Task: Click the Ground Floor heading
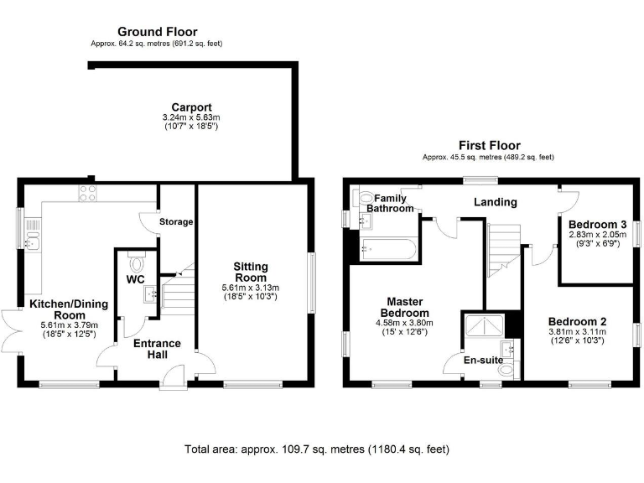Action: click(158, 32)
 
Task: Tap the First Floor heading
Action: click(489, 145)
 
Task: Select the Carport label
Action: click(191, 107)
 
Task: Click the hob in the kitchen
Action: click(88, 194)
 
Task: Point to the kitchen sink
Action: click(33, 234)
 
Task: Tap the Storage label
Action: click(176, 221)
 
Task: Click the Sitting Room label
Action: click(251, 272)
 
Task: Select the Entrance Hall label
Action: click(158, 349)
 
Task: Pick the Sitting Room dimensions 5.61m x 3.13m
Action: click(251, 288)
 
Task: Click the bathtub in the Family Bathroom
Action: click(388, 249)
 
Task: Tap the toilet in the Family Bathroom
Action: click(362, 200)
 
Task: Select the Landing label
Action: click(496, 202)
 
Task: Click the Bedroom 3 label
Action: click(598, 225)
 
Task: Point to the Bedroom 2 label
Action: click(577, 322)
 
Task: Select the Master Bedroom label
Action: click(404, 307)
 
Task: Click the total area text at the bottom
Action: click(317, 449)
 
